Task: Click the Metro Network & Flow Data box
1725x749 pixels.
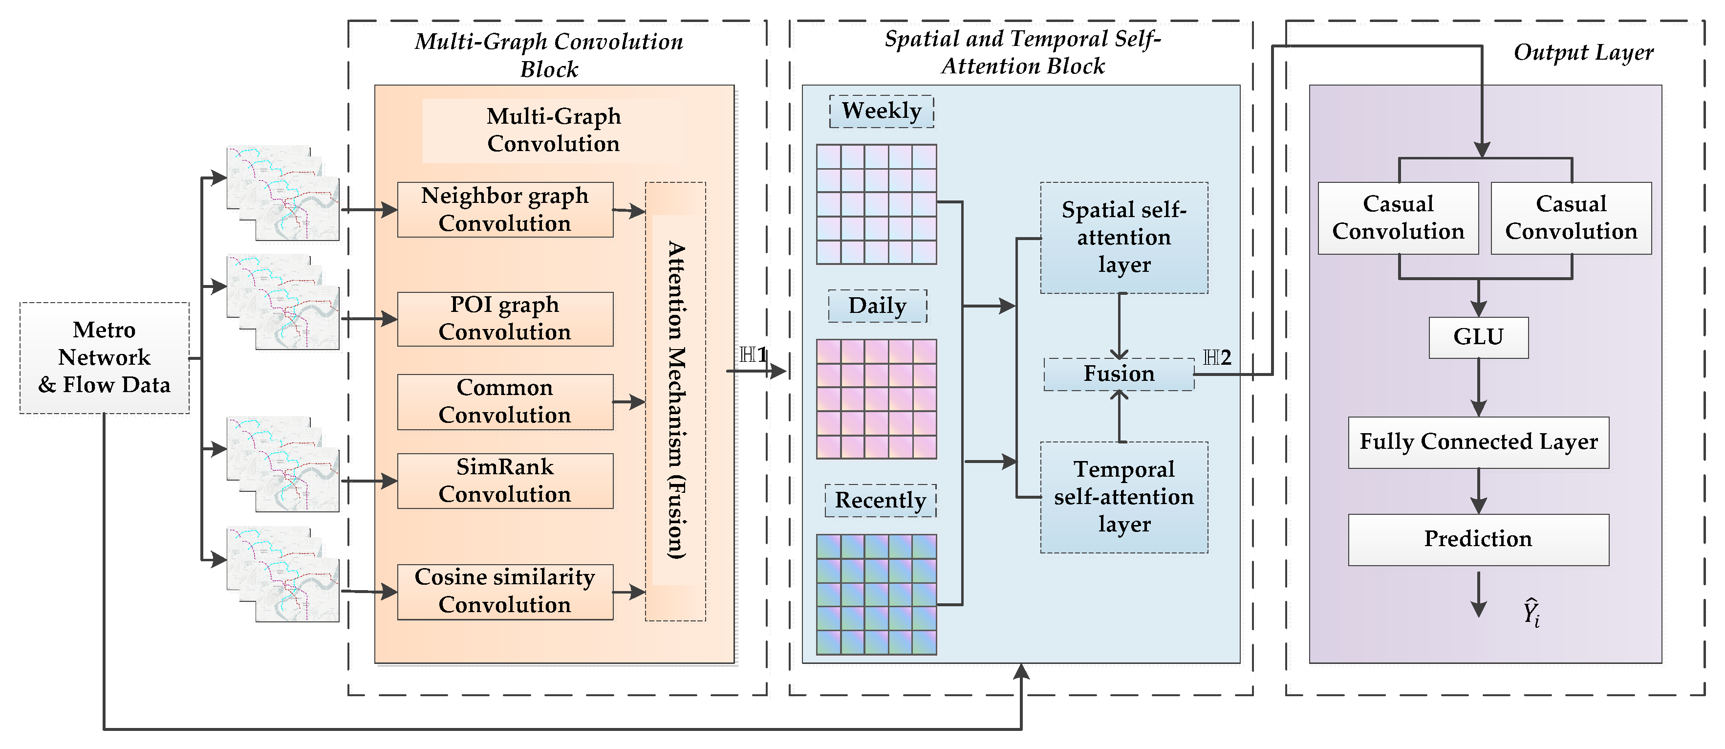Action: point(105,358)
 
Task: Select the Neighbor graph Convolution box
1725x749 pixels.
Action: point(505,210)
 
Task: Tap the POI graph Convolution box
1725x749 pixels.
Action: point(505,319)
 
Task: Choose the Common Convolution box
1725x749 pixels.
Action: point(505,401)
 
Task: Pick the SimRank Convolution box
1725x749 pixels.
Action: point(505,481)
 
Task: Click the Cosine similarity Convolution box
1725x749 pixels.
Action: point(505,592)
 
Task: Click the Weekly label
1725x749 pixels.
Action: point(881,111)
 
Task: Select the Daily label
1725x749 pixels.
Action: point(877,306)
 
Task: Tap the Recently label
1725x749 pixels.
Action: point(880,501)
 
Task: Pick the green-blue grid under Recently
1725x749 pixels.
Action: point(876,594)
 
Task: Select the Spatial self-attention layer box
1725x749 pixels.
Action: point(1123,238)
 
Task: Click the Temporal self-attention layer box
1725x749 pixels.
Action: point(1123,497)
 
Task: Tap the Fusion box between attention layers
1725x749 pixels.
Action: point(1118,374)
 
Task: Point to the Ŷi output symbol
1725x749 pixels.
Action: point(1531,613)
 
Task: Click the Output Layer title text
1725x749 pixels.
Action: point(1583,52)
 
